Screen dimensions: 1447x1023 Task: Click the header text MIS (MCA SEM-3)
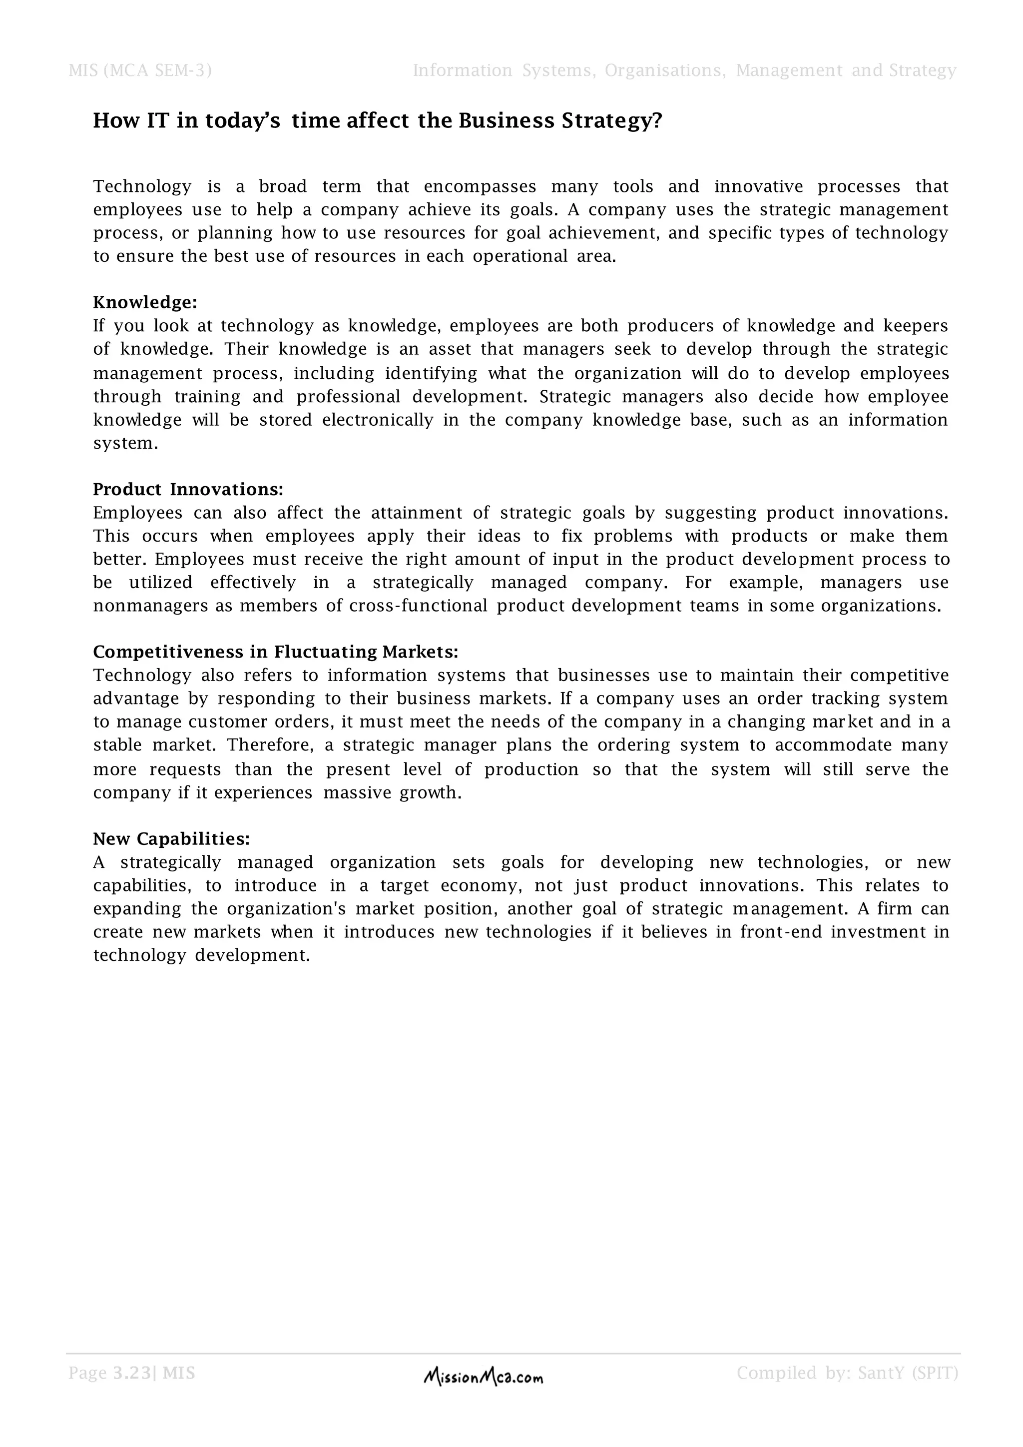coord(140,70)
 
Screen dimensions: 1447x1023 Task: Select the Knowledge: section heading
coord(145,302)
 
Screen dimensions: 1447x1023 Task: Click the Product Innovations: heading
coord(188,490)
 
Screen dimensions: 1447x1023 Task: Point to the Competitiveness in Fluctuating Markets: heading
coord(275,652)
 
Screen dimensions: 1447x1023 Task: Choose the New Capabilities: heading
coord(171,839)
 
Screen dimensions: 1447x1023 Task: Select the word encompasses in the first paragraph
coord(480,186)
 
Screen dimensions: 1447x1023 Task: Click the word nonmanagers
coord(150,606)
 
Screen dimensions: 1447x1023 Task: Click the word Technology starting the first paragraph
coord(142,186)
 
